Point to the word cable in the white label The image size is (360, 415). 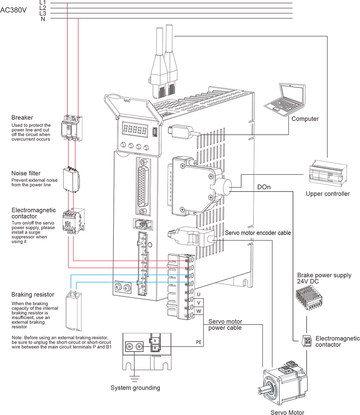click(284, 233)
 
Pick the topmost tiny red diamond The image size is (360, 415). click(67, 5)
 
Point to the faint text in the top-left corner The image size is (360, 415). click(14, 10)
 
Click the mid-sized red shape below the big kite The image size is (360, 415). click(72, 155)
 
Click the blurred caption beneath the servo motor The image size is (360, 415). click(281, 409)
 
